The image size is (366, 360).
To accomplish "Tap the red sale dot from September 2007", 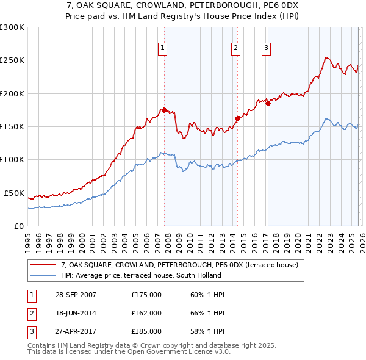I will tap(164, 110).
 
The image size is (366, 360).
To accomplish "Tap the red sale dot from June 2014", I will tap(237, 118).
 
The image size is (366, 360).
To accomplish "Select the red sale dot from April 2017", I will tap(268, 103).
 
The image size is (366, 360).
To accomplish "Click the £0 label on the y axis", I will tap(18, 226).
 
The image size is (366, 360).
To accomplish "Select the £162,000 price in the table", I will tap(146, 313).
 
